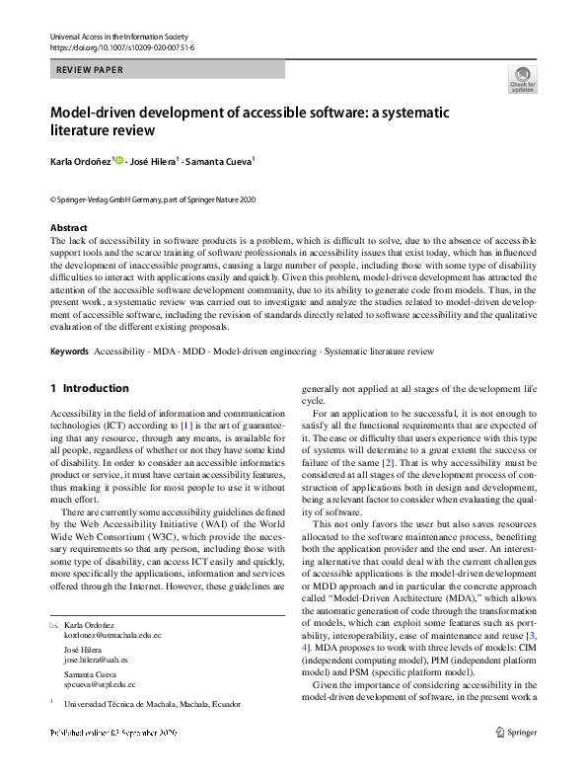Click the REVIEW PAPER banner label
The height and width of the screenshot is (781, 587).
(90, 70)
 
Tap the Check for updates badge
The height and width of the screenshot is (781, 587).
(521, 80)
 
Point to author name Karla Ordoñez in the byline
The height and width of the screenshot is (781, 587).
(81, 160)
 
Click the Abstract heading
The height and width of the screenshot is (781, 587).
(68, 227)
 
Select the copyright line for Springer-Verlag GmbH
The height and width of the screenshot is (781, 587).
(152, 199)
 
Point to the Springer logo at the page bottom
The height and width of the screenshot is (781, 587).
(517, 759)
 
